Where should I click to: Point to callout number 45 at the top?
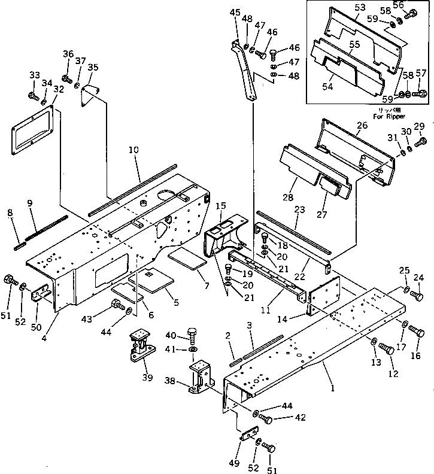pyautogui.click(x=234, y=12)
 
